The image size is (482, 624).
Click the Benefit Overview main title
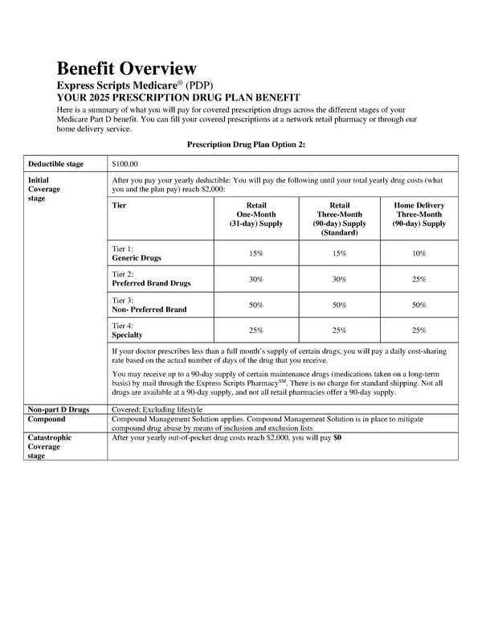pyautogui.click(x=125, y=68)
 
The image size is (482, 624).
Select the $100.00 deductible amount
pyautogui.click(x=125, y=164)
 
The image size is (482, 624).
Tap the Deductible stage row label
pyautogui.click(x=55, y=164)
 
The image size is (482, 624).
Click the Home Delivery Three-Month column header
pyautogui.click(x=419, y=215)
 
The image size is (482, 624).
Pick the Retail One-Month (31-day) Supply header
pyautogui.click(x=256, y=215)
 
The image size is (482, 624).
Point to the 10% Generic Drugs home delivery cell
pyautogui.click(x=419, y=253)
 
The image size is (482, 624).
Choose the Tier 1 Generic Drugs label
pyautogui.click(x=137, y=253)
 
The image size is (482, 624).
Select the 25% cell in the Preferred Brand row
pyautogui.click(x=419, y=279)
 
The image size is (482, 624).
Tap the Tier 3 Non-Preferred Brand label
pyautogui.click(x=149, y=305)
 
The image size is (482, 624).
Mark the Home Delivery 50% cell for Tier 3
pyautogui.click(x=419, y=305)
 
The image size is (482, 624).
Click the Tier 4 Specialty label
pyautogui.click(x=127, y=330)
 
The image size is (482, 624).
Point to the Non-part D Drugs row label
pyautogui.click(x=58, y=410)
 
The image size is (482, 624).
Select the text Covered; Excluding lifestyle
pyautogui.click(x=157, y=410)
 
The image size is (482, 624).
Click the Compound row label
pyautogui.click(x=47, y=420)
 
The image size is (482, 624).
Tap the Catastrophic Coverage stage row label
pyautogui.click(x=50, y=447)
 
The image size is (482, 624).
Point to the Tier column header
pyautogui.click(x=120, y=206)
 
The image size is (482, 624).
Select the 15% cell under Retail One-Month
pyautogui.click(x=256, y=253)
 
